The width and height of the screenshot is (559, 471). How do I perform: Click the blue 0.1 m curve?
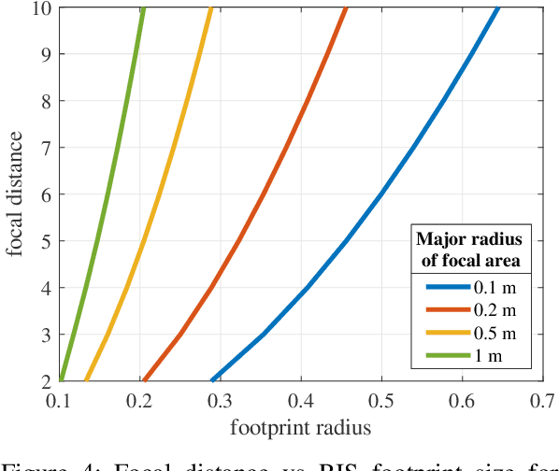[x=381, y=193]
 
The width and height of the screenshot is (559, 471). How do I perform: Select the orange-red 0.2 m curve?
[x=264, y=193]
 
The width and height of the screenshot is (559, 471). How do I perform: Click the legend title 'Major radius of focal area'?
[x=471, y=246]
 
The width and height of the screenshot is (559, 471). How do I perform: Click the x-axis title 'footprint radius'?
[x=301, y=428]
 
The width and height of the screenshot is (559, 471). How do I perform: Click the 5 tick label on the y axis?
[x=47, y=241]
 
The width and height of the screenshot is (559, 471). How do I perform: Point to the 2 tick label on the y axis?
[x=47, y=380]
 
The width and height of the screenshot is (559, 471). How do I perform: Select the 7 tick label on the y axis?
[x=47, y=148]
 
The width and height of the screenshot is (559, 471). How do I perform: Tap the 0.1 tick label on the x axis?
[x=60, y=400]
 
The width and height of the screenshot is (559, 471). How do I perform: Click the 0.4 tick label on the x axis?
[x=301, y=400]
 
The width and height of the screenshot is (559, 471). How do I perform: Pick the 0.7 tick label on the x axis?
[x=542, y=400]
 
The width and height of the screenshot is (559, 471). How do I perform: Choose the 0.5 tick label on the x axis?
[x=381, y=400]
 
